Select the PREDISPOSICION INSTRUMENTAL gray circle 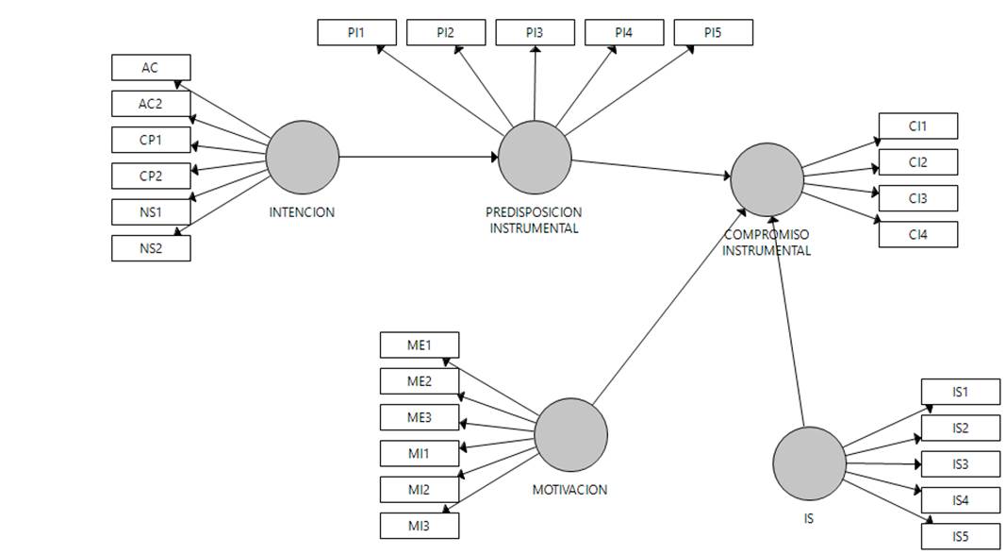tap(535, 158)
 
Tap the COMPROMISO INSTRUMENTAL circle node tap(767, 179)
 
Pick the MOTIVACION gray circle tap(570, 434)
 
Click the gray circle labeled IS tap(809, 463)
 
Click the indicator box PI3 tap(535, 33)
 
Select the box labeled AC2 tap(151, 104)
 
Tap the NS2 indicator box tap(151, 248)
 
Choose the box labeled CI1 tap(917, 126)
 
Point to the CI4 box tap(917, 234)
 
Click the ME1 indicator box tap(419, 345)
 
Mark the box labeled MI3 tap(419, 526)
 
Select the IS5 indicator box tap(960, 536)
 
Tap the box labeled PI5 tap(713, 33)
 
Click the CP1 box tap(151, 140)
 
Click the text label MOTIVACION tap(569, 490)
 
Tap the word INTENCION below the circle tap(302, 212)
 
